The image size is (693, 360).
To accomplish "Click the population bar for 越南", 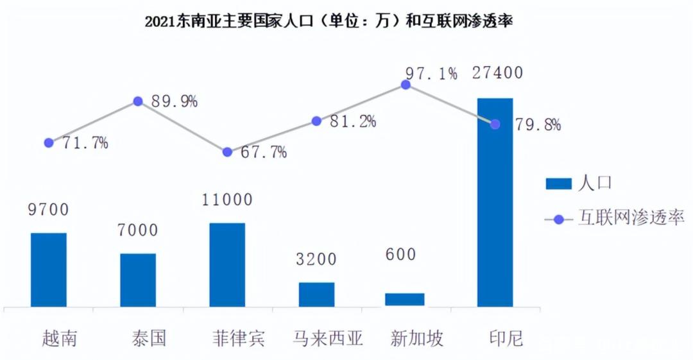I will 49,270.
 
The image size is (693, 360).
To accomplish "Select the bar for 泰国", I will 138,280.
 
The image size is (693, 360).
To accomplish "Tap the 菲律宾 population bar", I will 227,264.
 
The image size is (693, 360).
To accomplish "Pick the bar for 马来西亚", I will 316,294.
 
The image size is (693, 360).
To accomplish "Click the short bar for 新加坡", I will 405,299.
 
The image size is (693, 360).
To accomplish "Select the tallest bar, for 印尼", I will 495,202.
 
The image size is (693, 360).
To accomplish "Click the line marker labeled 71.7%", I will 49,142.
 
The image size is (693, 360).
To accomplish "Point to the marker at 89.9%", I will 137,101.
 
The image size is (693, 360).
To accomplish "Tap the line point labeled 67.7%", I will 227,152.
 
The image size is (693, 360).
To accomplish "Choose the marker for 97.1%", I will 406,84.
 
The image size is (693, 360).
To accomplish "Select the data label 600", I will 401,254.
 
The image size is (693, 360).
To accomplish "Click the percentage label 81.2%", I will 352,121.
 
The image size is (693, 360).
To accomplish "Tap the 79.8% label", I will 538,124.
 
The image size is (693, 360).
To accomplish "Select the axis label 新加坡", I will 416,338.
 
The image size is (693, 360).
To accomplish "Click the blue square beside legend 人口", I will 558,184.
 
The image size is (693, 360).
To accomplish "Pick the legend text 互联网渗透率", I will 631,218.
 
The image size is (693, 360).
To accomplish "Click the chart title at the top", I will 329,21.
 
